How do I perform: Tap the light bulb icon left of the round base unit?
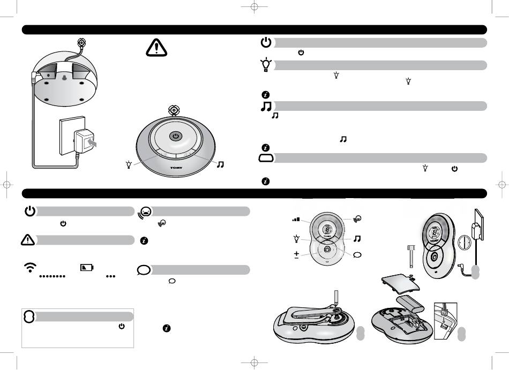click(128, 164)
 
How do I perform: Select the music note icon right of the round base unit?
click(220, 164)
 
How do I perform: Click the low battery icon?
click(86, 267)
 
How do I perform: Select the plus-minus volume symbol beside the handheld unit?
click(296, 254)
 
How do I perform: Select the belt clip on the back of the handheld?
click(311, 313)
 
